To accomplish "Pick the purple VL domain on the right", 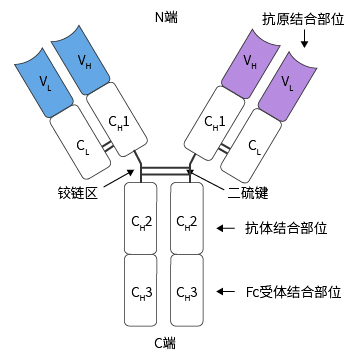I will click(x=289, y=80).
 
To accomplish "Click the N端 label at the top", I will click(x=167, y=17).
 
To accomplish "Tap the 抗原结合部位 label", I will click(x=300, y=19).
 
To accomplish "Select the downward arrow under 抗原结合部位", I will click(x=303, y=44).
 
